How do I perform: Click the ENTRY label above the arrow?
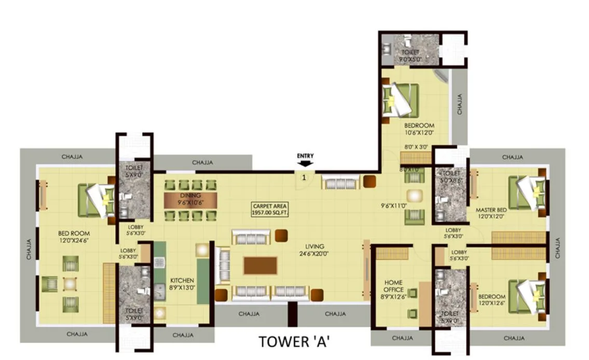click(305, 155)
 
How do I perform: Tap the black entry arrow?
click(305, 163)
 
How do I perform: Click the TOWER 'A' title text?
click(295, 342)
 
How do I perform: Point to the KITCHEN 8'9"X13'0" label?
click(182, 284)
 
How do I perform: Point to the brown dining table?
click(190, 200)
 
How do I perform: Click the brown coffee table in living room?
click(260, 266)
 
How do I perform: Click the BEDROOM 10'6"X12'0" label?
click(419, 129)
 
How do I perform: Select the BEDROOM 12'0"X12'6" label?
click(492, 300)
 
